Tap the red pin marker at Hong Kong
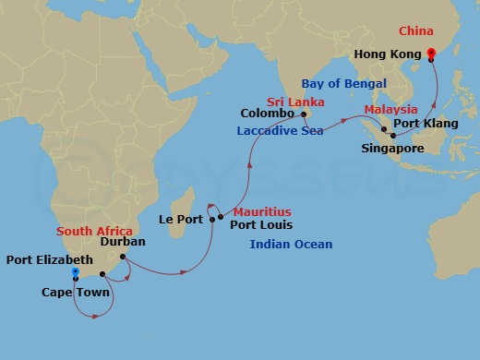click(431, 54)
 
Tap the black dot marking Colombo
click(305, 114)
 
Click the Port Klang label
click(423, 123)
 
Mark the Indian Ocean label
click(290, 244)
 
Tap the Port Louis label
click(261, 223)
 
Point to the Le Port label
click(179, 220)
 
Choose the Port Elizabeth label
click(50, 260)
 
